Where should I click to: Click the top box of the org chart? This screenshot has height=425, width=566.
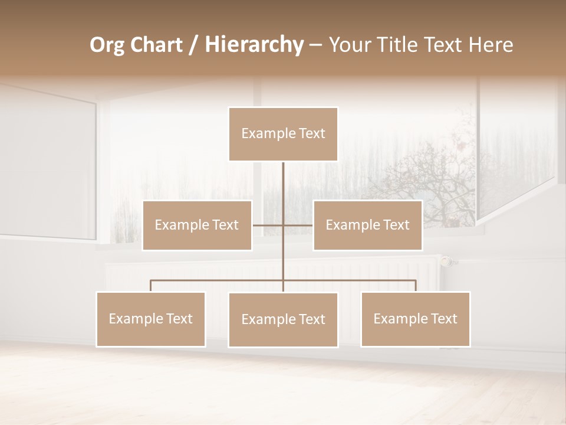(x=283, y=134)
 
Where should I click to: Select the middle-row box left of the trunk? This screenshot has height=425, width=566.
(x=197, y=225)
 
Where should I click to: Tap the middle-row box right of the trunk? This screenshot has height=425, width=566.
(x=367, y=225)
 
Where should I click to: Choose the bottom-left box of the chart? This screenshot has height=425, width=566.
(x=151, y=319)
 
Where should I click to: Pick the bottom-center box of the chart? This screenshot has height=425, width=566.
(x=283, y=319)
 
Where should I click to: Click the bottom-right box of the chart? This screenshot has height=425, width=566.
(x=415, y=319)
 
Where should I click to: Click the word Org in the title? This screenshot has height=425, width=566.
(x=108, y=45)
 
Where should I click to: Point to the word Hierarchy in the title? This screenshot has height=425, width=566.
(x=254, y=45)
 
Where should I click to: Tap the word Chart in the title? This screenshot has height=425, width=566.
(x=157, y=45)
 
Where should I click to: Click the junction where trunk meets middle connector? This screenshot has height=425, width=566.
(x=283, y=225)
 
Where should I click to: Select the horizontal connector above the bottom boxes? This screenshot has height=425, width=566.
(x=218, y=280)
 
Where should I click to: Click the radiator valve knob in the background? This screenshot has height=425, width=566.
(x=447, y=260)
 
